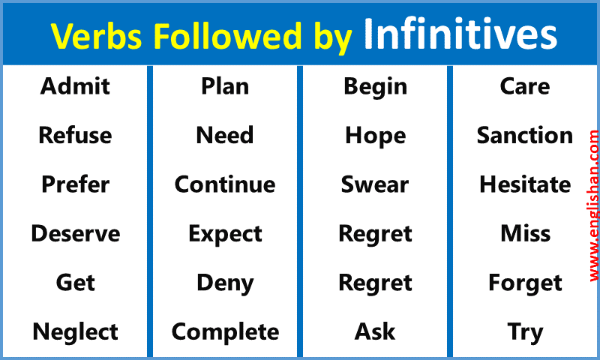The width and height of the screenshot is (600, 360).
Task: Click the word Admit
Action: (x=75, y=86)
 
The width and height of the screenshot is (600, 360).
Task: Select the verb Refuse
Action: (x=75, y=136)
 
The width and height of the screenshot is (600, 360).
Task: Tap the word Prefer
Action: (x=75, y=184)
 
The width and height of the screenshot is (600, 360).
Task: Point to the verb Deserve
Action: (x=75, y=234)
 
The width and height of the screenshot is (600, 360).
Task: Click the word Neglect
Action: (x=75, y=331)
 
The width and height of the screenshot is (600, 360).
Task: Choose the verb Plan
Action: (x=225, y=86)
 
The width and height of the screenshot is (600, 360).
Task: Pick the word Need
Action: (x=225, y=136)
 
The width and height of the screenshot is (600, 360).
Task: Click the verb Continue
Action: (x=225, y=184)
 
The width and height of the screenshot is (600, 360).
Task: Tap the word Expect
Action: (x=225, y=234)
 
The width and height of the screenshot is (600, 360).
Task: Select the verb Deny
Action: (x=225, y=283)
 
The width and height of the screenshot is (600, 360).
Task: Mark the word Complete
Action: (x=225, y=331)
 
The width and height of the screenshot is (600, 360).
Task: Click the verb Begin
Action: (x=375, y=86)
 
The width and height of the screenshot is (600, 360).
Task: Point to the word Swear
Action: (x=375, y=184)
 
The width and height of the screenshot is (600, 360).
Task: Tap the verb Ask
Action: (x=375, y=331)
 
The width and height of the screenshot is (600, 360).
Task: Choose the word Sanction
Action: (x=525, y=136)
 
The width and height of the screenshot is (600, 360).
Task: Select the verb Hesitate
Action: (x=525, y=184)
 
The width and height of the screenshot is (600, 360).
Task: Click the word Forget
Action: (x=525, y=283)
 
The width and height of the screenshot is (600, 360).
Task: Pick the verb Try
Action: (x=525, y=331)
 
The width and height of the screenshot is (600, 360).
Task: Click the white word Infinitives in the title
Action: (x=460, y=34)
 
